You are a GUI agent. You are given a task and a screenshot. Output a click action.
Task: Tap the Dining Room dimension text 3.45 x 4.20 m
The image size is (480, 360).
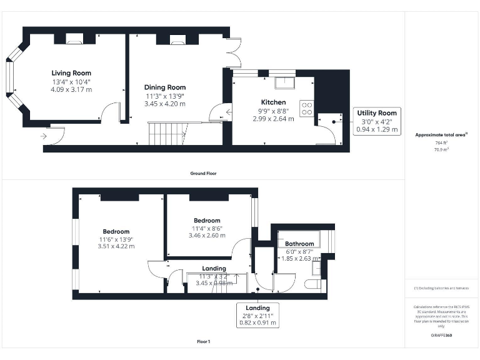pos(165,104)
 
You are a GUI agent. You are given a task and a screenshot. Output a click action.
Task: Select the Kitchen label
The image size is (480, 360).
pos(273,102)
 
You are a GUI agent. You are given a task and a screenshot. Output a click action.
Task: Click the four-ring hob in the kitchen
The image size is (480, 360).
pos(307,108)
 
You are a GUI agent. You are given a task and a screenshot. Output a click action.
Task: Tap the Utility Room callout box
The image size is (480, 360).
pos(377,120)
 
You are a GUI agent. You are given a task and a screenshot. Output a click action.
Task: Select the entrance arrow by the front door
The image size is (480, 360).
pos(45,135)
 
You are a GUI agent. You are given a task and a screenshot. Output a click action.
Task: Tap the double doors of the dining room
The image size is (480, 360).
pos(234,53)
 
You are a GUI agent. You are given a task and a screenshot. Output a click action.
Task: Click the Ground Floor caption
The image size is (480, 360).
pos(203,173)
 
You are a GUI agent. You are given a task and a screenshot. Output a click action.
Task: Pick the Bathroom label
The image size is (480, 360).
pos(299,244)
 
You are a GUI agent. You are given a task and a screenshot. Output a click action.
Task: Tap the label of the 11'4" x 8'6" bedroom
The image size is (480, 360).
pos(207,221)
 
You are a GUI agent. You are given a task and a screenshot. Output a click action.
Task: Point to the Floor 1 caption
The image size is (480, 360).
pos(203,342)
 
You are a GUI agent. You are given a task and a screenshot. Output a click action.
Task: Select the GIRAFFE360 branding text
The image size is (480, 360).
pos(441,336)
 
